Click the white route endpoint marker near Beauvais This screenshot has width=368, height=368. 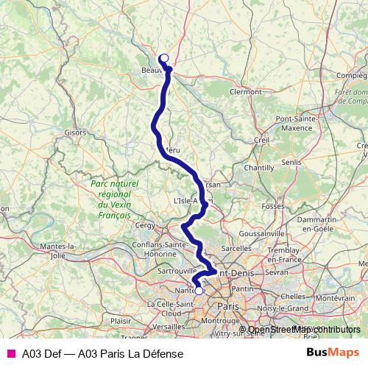click(164, 58)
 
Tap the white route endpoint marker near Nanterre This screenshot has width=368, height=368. click(198, 290)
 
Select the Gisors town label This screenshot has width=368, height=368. click(75, 133)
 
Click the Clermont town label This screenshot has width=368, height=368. click(246, 92)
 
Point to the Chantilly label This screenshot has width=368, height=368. click(259, 168)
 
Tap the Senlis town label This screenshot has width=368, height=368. click(291, 162)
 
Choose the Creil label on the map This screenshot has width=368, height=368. click(261, 140)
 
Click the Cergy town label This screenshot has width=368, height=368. click(146, 226)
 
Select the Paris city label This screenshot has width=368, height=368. click(230, 305)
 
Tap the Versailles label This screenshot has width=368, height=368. click(169, 325)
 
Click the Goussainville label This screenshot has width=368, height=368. click(261, 233)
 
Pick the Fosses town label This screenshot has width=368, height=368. click(272, 207)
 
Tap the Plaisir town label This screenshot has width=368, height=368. click(120, 321)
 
